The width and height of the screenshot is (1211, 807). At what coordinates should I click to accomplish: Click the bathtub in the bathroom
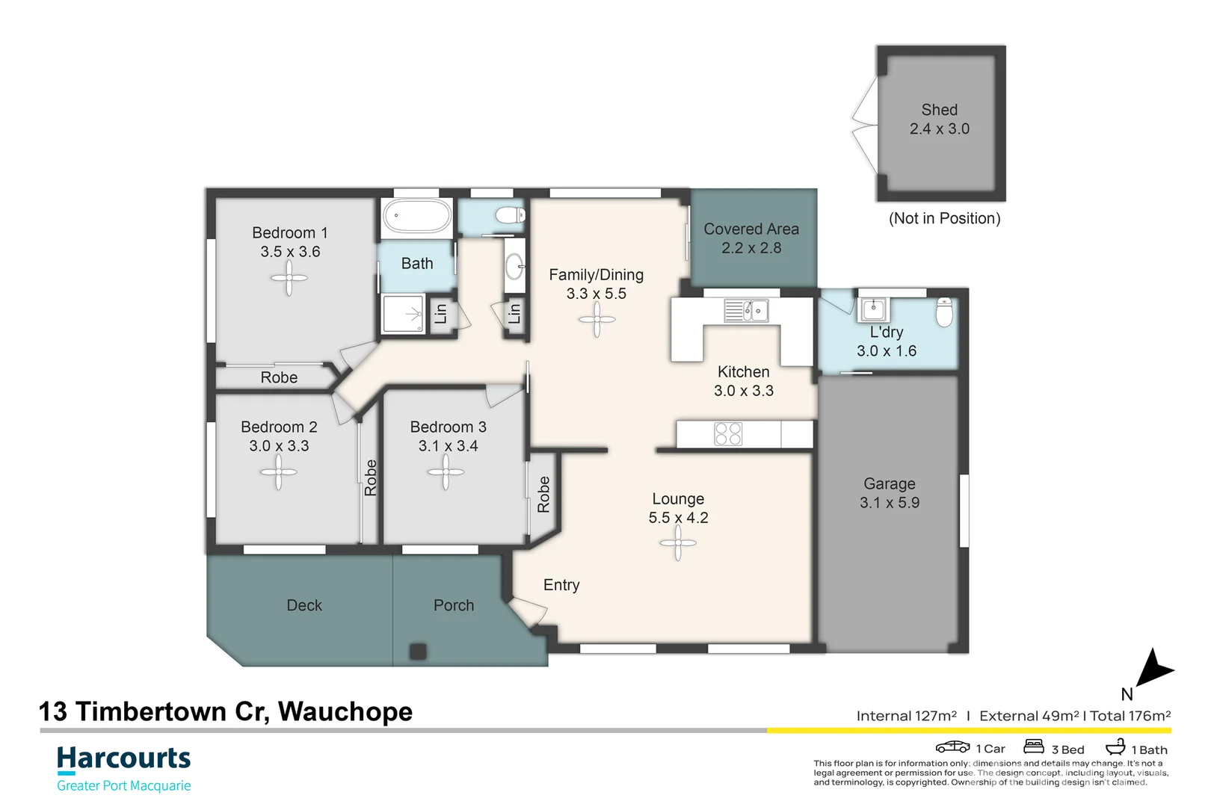417,217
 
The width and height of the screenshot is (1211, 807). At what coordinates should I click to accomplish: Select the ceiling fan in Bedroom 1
289,279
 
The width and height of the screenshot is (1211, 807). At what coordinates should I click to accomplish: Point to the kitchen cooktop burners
727,434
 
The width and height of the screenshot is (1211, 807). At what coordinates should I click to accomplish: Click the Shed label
939,110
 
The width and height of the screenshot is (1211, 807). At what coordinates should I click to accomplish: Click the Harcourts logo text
124,758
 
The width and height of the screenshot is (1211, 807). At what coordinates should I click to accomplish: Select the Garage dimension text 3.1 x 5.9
889,503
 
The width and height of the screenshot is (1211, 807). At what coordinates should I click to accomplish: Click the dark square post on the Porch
418,651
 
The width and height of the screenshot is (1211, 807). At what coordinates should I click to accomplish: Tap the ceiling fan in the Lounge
678,543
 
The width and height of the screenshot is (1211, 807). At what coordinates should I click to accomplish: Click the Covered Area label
751,229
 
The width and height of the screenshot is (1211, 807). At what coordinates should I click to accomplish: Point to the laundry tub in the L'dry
873,309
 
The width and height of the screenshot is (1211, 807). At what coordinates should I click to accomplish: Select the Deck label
304,605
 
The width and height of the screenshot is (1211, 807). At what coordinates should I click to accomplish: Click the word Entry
561,585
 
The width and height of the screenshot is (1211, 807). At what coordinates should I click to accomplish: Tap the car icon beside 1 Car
952,747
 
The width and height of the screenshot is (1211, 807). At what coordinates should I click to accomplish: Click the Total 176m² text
1130,716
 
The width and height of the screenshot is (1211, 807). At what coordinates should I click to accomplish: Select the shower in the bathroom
403,314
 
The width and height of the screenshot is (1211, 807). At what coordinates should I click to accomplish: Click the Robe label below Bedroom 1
279,378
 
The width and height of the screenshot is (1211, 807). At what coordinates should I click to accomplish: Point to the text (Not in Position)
944,218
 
